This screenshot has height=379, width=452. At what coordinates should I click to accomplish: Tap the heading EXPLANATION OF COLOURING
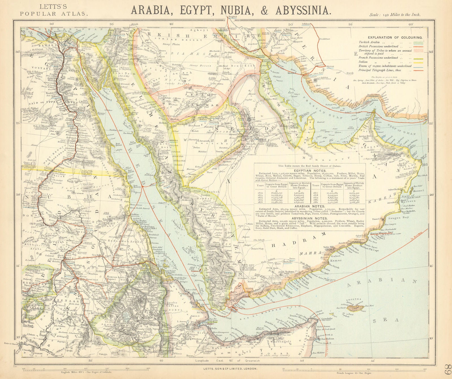point(395,37)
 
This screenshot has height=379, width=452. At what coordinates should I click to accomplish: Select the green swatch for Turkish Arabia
point(418,42)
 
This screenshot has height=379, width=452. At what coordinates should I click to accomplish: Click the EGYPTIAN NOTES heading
point(310,171)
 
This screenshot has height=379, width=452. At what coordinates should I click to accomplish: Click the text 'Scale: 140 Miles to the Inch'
point(395,15)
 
